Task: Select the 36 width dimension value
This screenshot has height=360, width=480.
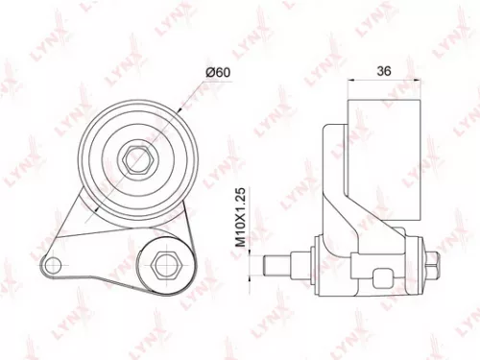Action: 384,70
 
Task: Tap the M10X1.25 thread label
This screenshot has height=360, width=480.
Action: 244,216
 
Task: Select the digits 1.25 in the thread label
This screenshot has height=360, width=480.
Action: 244,199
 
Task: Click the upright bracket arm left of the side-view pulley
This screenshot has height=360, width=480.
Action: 336,182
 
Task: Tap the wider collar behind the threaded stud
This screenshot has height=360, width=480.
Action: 302,259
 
